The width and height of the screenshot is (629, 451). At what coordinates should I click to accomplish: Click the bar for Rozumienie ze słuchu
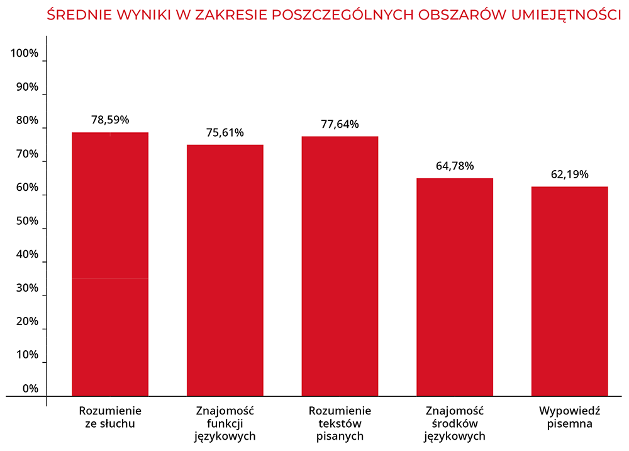coord(110,265)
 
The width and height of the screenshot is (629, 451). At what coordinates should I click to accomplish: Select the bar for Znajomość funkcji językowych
coord(225,271)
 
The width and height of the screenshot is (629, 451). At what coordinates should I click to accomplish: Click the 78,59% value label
coord(110,119)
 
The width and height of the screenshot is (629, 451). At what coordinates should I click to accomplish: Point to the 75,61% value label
coord(225,132)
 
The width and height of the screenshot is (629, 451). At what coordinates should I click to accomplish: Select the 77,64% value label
coord(340,124)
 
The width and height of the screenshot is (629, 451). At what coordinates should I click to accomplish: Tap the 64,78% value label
coord(454,166)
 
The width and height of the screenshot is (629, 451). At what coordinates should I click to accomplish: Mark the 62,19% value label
coord(569,174)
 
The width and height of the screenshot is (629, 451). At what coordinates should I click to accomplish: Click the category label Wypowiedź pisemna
coord(569,417)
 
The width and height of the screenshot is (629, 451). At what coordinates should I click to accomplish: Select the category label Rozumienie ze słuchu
coord(110,417)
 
